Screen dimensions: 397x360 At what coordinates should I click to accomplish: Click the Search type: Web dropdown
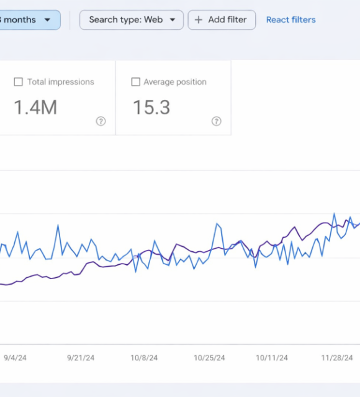coord(132,20)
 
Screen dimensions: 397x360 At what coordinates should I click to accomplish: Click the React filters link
coord(290,20)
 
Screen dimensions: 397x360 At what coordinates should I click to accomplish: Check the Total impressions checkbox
coord(18,82)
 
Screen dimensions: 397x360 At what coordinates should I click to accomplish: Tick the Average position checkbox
coord(136,82)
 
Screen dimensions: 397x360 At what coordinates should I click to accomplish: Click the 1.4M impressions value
coord(35,108)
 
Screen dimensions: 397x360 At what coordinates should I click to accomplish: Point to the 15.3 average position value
coord(151,108)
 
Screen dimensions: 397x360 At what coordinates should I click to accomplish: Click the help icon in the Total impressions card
coord(101,122)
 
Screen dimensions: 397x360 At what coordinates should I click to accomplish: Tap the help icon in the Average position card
coord(217,122)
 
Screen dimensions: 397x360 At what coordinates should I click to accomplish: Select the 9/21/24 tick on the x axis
coord(81,358)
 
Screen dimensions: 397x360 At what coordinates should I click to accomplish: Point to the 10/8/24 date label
coord(143,358)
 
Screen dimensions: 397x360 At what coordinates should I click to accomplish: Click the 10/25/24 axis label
coord(209,358)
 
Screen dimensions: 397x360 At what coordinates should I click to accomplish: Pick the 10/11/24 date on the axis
coord(272,358)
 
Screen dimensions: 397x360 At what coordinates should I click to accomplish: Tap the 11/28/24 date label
coord(337,358)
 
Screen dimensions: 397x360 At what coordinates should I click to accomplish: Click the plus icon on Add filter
coord(199,20)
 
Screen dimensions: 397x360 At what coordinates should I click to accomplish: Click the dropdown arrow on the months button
coord(47,20)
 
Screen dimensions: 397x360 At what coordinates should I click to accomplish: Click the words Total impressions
coord(61,82)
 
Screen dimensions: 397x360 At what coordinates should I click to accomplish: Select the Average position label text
coord(175,82)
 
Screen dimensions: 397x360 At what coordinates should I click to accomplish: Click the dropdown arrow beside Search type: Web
coord(173,20)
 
